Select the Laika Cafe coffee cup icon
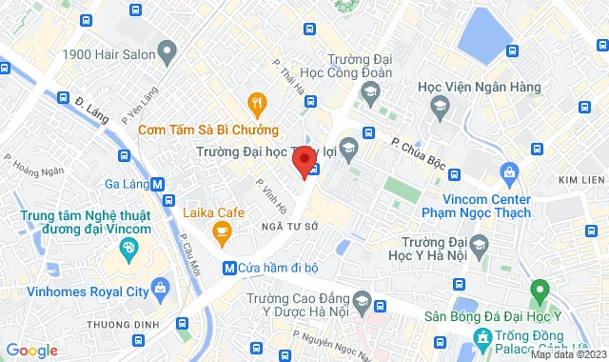pyautogui.click(x=222, y=231)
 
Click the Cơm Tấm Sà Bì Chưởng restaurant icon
pyautogui.click(x=255, y=103)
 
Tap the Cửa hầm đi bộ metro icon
pyautogui.click(x=228, y=269)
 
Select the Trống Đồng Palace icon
pyautogui.click(x=482, y=336)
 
